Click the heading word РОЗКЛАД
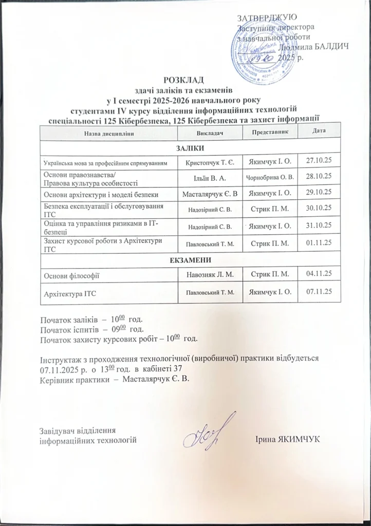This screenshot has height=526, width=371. click(x=183, y=79)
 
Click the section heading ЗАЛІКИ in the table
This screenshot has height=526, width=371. click(x=190, y=148)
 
